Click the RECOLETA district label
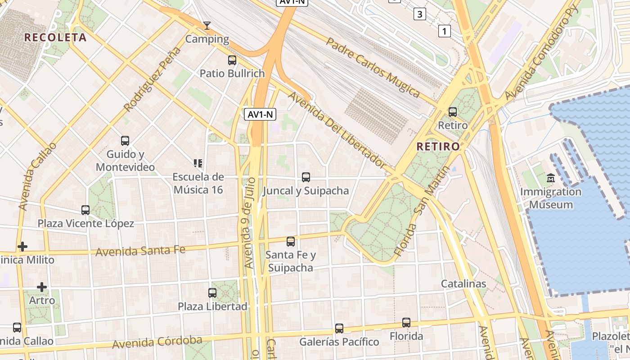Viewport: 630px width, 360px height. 55,37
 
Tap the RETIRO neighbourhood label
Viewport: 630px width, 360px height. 438,146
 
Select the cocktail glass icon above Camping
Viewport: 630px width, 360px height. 207,26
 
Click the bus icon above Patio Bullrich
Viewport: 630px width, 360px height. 232,60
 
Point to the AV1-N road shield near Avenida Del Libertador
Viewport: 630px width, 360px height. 260,114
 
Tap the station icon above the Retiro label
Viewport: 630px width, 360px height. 452,112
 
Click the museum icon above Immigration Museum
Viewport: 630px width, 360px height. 551,178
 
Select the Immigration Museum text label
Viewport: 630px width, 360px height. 551,198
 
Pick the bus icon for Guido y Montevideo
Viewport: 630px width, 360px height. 125,141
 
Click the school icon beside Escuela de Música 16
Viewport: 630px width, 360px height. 198,163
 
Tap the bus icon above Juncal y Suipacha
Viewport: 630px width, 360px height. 306,177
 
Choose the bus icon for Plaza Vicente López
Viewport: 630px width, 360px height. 85,210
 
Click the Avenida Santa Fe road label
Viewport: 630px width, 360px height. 140,250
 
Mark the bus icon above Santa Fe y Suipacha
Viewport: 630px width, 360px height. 291,241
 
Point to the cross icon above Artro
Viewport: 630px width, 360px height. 42,287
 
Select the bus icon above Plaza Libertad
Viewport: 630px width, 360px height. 212,292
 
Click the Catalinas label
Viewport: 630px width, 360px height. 463,283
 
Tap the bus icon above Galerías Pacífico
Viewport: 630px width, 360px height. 339,328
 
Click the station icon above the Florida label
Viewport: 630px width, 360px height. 406,322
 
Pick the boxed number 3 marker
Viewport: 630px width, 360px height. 419,14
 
